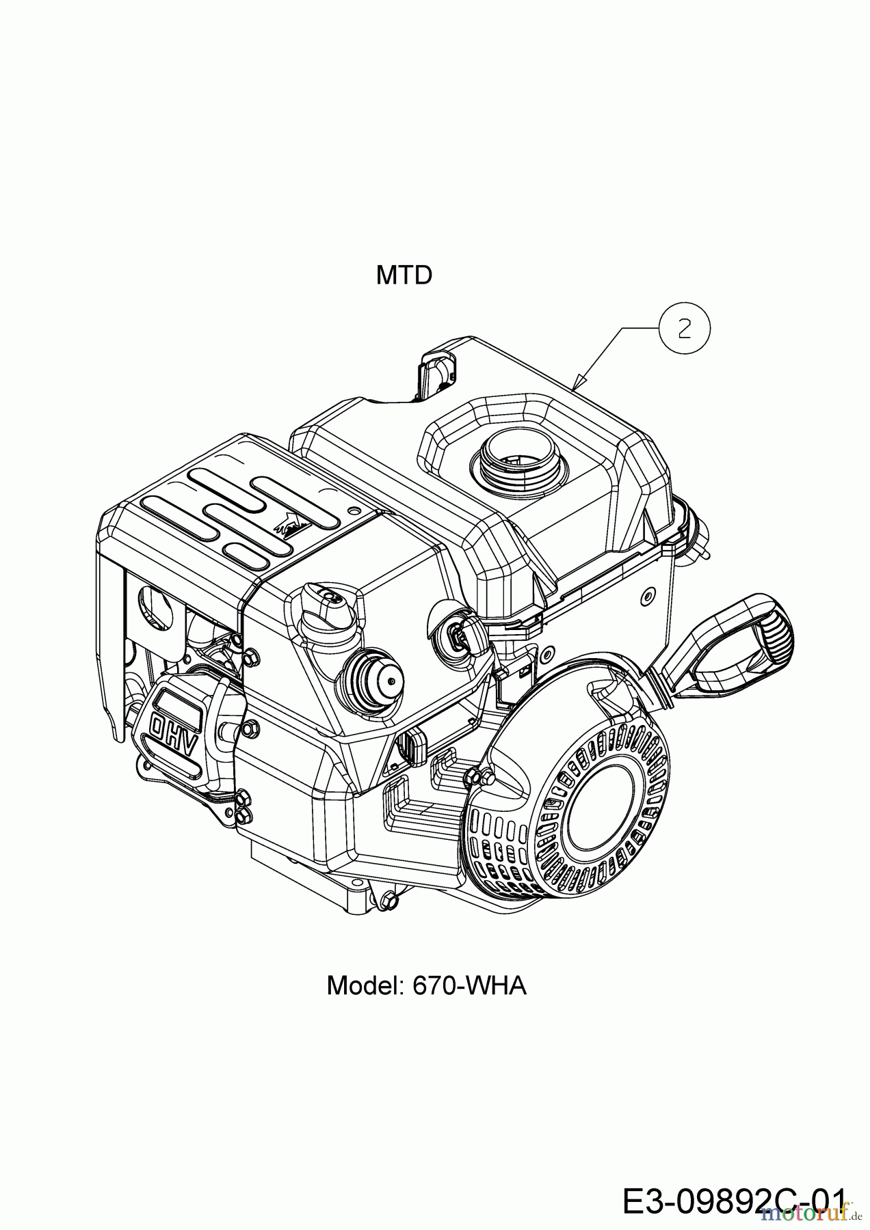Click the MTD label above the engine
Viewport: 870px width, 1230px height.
[404, 275]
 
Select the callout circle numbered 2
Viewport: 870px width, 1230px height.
[684, 329]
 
